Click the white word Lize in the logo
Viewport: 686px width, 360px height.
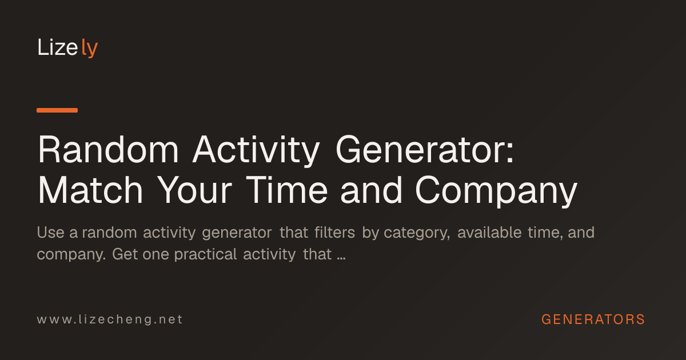[58, 47]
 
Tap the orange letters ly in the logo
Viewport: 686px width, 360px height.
[90, 48]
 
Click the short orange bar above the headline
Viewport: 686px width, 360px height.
[57, 110]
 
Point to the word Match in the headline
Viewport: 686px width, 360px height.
[90, 190]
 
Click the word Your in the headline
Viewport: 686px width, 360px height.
[195, 190]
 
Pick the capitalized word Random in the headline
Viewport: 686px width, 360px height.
[108, 150]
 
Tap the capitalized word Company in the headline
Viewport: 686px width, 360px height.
[496, 191]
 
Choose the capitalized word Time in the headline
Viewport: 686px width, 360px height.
[287, 190]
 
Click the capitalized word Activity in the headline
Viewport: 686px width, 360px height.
[256, 151]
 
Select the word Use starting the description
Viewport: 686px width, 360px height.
[50, 233]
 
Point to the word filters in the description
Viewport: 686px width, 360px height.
[335, 233]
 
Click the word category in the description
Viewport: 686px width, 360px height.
[417, 234]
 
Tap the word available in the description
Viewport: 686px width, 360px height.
[489, 233]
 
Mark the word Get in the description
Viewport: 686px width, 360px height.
[125, 254]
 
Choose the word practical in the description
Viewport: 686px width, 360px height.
[205, 255]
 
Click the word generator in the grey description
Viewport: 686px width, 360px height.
[237, 234]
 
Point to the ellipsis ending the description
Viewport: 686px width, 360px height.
[341, 259]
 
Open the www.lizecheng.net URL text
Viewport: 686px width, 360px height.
[110, 319]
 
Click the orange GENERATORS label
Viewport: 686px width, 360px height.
[593, 319]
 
